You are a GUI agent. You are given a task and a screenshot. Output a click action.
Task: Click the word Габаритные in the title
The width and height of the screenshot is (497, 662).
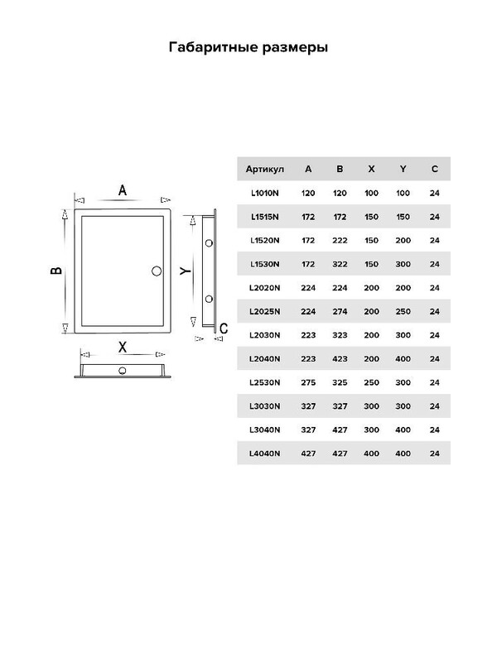point(214,47)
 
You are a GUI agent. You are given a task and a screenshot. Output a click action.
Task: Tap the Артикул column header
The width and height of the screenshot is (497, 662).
point(264,170)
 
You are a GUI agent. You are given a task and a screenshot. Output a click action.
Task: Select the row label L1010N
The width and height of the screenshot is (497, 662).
point(264,193)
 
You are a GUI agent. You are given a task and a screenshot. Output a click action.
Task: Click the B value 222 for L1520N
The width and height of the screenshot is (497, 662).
point(340,240)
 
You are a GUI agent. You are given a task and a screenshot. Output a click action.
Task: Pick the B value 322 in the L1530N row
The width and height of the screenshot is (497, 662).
point(340,264)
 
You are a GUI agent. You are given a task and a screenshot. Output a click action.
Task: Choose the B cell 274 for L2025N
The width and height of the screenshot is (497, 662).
point(340,311)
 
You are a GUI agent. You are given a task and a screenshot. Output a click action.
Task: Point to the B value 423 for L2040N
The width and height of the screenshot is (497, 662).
point(340,358)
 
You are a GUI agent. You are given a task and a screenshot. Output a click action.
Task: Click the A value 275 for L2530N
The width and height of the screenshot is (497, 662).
point(308,382)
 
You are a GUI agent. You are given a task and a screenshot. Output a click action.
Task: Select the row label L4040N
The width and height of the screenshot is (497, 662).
point(264,453)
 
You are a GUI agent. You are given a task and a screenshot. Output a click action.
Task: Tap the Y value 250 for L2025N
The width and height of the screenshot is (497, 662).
point(403,311)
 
